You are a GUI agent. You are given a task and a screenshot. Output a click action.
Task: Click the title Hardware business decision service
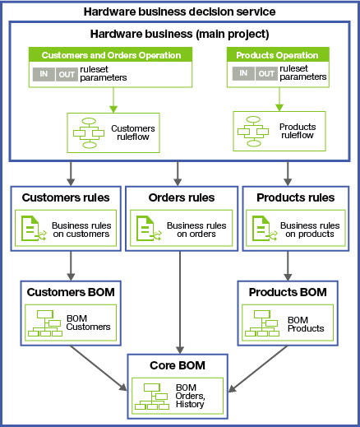point(179,12)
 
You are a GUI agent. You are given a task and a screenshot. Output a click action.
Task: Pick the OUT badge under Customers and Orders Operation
point(67,74)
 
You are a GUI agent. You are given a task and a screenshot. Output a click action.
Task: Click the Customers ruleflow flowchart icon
point(87,131)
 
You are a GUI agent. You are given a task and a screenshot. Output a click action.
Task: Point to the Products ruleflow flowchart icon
point(254,131)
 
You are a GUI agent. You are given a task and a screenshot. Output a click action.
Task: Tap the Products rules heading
point(297,197)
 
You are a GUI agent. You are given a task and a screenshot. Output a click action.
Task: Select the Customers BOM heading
point(71,292)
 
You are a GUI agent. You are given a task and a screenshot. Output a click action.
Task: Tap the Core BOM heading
point(179,364)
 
